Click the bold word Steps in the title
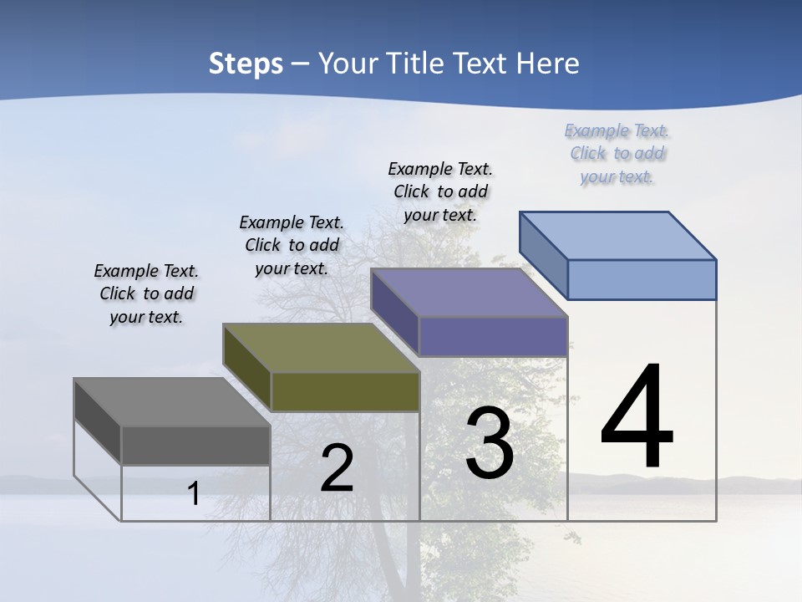(246, 64)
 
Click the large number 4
(637, 418)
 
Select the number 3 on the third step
(490, 444)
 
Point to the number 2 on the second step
(338, 469)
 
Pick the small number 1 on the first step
(193, 494)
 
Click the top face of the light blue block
(618, 236)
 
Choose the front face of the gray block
(195, 446)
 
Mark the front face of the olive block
(345, 391)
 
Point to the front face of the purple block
(493, 337)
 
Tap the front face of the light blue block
(642, 279)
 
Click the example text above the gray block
(146, 294)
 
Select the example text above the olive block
(292, 246)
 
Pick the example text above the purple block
(440, 191)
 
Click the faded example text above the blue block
(617, 154)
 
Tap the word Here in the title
(548, 64)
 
